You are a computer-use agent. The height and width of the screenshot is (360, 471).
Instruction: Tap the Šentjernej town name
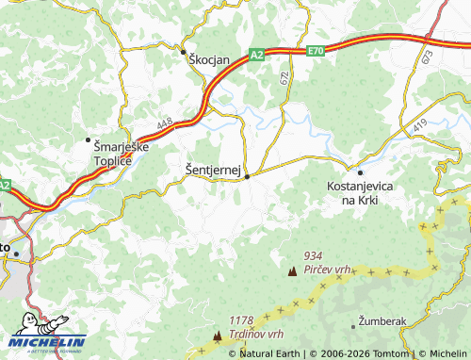(213, 170)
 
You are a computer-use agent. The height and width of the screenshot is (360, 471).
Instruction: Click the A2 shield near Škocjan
(257, 56)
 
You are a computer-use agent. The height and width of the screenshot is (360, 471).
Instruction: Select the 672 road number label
(284, 81)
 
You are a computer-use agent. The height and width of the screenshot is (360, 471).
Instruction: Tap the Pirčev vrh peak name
(327, 270)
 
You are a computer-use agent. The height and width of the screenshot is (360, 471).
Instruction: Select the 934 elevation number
(314, 255)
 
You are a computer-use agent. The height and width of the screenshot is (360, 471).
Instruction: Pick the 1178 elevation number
(242, 320)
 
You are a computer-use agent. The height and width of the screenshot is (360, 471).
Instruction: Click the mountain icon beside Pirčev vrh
(291, 271)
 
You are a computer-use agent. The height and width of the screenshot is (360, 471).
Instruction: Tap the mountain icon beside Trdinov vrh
(219, 335)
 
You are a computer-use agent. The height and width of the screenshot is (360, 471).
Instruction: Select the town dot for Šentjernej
(247, 175)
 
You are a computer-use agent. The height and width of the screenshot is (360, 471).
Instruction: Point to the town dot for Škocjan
(185, 52)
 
